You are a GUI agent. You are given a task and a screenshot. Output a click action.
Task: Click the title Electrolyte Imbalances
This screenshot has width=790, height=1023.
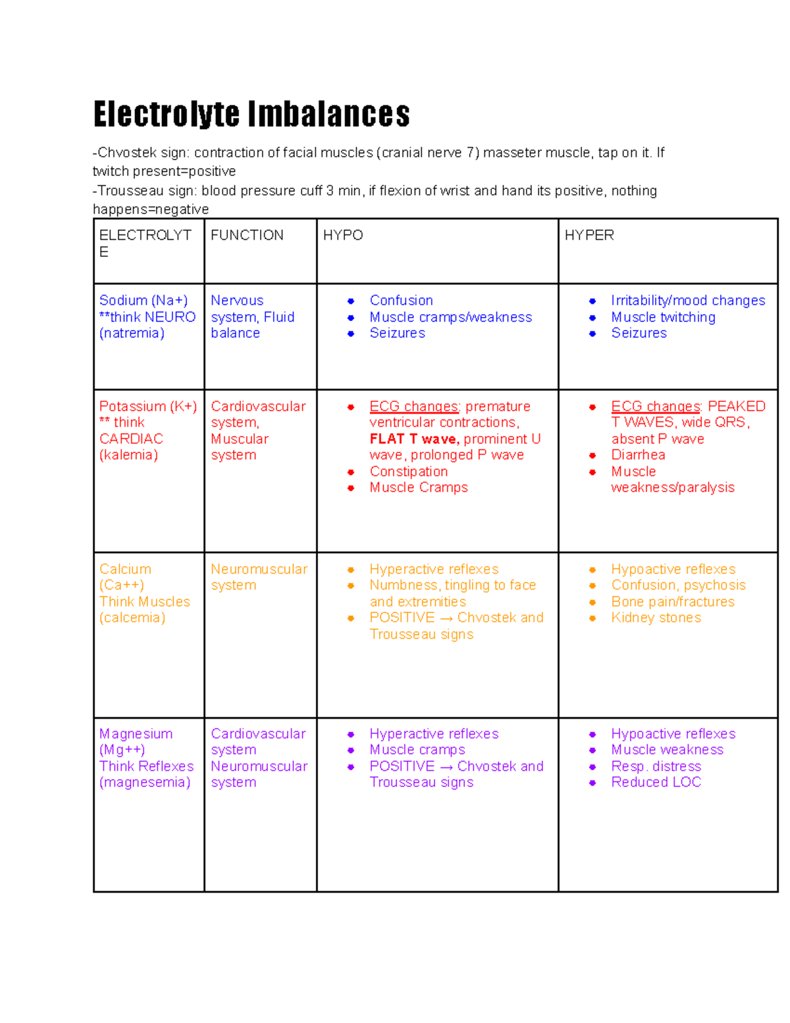(x=251, y=114)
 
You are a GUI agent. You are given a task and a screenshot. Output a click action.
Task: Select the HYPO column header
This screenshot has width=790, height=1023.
(x=342, y=235)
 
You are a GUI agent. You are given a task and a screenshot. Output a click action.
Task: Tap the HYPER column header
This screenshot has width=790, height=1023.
(x=589, y=235)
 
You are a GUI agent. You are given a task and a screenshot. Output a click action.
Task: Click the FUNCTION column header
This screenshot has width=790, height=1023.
(x=247, y=235)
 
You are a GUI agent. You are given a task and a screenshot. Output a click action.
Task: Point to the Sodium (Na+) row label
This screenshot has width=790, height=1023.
(x=143, y=300)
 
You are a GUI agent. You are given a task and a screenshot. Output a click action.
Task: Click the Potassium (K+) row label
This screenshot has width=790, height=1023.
(x=147, y=406)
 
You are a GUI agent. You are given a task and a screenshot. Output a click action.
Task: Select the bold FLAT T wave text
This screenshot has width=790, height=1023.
(x=414, y=439)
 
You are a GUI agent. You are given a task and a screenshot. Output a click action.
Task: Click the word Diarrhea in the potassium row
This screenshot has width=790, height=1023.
(x=637, y=455)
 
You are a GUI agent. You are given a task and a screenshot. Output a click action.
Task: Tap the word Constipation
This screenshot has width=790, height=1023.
(x=408, y=472)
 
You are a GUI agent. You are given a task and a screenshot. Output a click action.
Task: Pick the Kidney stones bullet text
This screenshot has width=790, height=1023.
(x=656, y=618)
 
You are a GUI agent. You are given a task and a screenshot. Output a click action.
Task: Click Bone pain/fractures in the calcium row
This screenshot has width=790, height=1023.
(x=672, y=602)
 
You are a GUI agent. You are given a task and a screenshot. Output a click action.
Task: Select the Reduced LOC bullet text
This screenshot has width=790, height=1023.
(x=656, y=782)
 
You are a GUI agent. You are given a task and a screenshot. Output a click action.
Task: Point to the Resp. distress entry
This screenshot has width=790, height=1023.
(x=656, y=766)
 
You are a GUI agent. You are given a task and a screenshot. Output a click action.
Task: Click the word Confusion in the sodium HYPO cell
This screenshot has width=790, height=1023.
(x=401, y=300)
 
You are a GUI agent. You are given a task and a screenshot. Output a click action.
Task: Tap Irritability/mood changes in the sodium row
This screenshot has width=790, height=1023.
(x=687, y=300)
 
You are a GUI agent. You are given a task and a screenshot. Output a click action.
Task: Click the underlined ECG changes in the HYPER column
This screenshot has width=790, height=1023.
(x=655, y=406)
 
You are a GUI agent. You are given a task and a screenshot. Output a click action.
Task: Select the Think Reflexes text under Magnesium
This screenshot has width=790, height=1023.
(x=146, y=766)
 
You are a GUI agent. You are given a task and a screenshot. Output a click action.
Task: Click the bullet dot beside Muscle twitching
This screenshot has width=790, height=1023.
(x=592, y=318)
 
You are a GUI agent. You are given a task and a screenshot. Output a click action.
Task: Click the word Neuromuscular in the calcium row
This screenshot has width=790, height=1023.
(x=259, y=569)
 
